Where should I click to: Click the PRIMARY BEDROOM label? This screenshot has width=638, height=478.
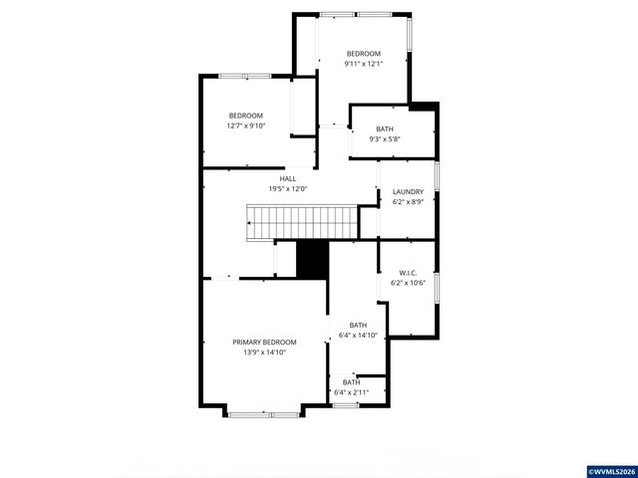pos(264,342)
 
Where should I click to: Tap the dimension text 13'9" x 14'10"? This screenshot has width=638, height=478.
pos(264,352)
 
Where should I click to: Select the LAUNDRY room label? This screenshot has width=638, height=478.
pos(408,192)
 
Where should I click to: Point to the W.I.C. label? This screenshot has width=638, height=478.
pos(408,272)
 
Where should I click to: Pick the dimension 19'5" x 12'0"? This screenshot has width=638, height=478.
pos(287,188)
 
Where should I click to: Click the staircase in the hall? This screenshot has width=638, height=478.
pos(298,222)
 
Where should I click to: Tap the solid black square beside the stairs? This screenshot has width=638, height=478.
pos(313,260)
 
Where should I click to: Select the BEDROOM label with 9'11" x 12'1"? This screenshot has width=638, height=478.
pos(363,54)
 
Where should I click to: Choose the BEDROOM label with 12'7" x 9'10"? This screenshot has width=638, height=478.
pos(245,116)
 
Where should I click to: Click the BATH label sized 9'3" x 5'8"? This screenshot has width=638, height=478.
pos(384,129)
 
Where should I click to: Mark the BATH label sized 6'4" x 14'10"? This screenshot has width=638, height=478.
pos(357,325)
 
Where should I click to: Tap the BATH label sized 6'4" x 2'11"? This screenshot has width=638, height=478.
pos(352,382)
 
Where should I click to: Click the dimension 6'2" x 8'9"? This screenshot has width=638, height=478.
pos(408,202)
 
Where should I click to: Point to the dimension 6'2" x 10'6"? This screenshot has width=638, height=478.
pos(408,283)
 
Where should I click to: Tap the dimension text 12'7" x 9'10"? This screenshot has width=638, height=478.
pos(245,125)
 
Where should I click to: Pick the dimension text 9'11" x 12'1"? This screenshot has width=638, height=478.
pos(363,64)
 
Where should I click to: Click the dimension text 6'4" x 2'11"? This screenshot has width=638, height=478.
pos(352,392)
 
